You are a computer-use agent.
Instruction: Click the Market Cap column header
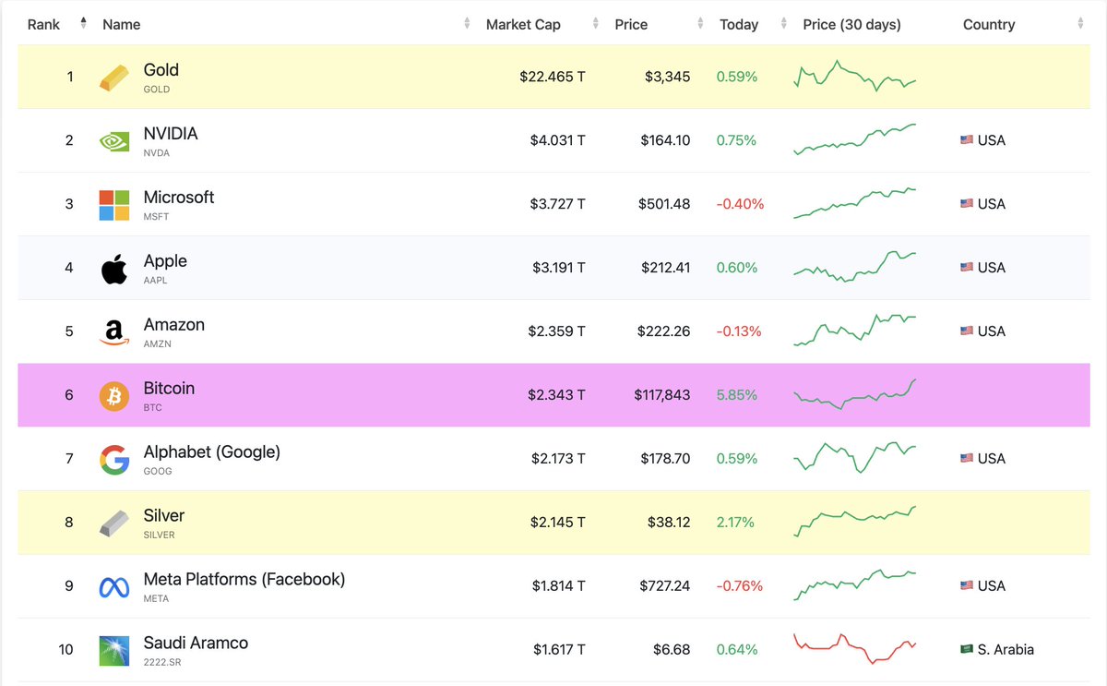click(523, 25)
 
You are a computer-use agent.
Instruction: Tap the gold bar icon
click(114, 78)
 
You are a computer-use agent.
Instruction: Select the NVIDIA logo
click(114, 141)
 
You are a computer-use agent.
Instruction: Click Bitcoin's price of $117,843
click(661, 395)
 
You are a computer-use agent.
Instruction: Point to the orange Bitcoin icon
click(114, 396)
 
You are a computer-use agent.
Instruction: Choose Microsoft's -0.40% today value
click(740, 204)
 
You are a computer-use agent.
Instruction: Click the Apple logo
click(114, 269)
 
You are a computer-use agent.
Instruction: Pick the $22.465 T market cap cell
click(552, 77)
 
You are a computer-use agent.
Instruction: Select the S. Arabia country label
click(1006, 650)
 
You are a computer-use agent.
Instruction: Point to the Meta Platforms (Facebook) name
click(244, 580)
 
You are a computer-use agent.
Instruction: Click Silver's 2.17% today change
click(735, 523)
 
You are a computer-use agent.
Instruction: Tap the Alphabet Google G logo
click(114, 460)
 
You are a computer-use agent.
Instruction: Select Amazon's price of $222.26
click(663, 331)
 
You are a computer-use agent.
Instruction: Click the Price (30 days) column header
click(851, 25)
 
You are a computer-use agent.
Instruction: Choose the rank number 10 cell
click(65, 650)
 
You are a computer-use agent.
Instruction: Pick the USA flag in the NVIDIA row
click(967, 140)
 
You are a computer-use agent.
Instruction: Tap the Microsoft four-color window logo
click(114, 205)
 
